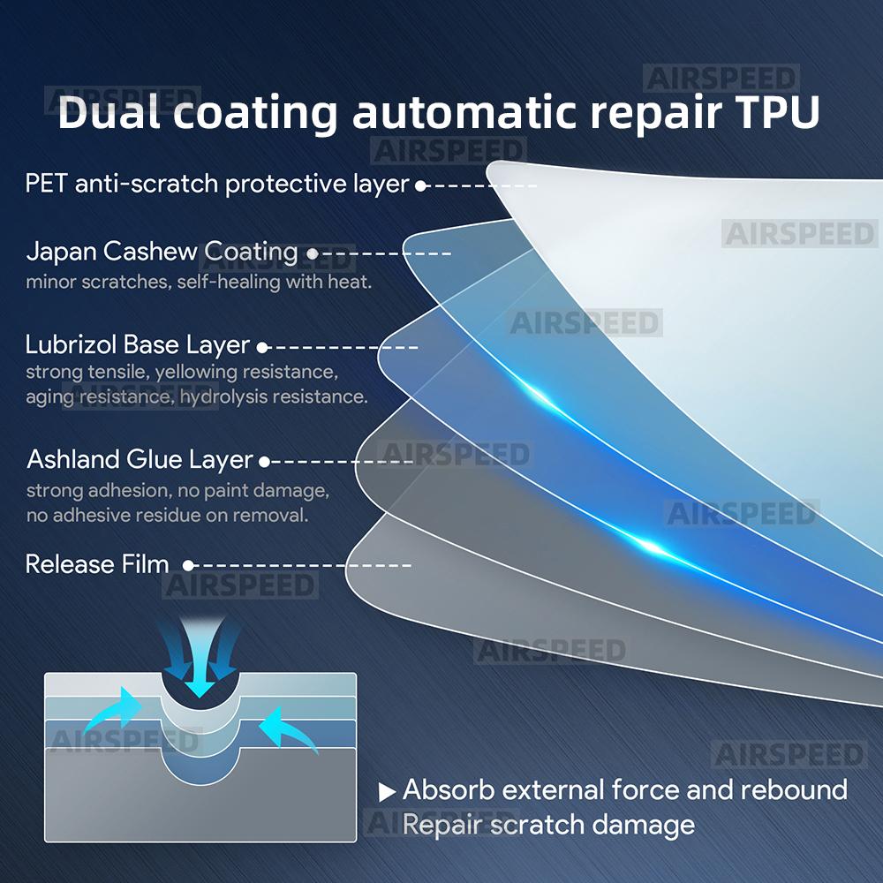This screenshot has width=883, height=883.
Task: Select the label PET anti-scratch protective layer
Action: pos(217,185)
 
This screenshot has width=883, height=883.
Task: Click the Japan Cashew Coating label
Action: pos(162,252)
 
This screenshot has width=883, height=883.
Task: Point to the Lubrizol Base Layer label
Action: pos(138,344)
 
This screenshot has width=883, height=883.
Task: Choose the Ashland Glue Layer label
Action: pos(140,460)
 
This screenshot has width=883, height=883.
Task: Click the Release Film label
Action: pos(97,564)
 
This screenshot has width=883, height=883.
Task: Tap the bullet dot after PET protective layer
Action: pos(421,186)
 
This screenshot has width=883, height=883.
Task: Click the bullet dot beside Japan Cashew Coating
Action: pos(312,254)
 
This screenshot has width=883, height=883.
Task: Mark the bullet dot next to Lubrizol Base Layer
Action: pos(261,348)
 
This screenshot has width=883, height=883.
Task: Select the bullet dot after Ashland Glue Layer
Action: pos(264,462)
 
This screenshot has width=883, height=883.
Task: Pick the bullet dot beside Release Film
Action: pos(188,565)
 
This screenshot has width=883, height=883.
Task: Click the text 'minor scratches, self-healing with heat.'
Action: pos(199,283)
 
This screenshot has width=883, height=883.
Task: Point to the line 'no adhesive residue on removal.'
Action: pos(167,515)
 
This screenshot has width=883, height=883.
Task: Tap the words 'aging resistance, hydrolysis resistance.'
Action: pos(196,396)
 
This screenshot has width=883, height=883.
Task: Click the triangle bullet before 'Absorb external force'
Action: pos(387,792)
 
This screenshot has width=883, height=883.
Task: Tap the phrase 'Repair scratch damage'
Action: pos(548,825)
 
